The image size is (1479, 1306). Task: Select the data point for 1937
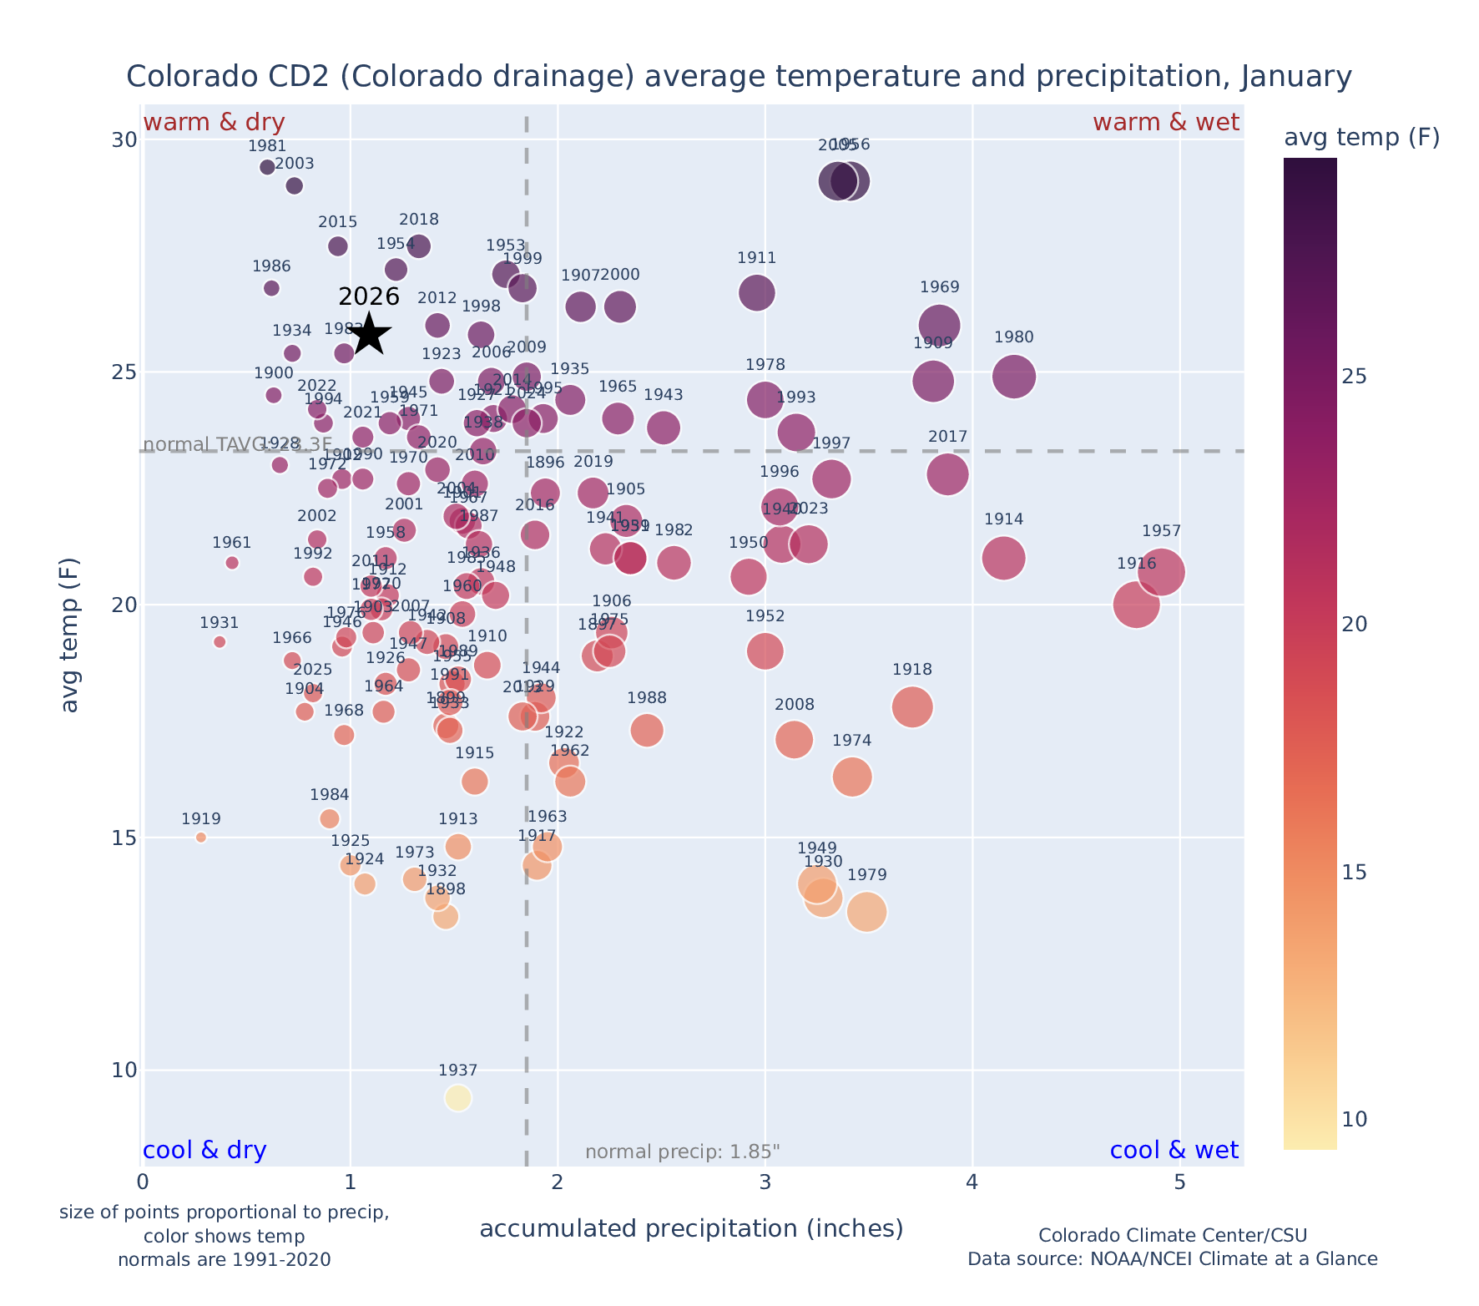(x=457, y=1097)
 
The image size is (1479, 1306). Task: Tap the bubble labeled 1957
(x=1160, y=572)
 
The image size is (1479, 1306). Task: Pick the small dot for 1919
(x=201, y=838)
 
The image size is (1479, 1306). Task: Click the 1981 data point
(x=267, y=167)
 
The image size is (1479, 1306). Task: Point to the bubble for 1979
(x=866, y=912)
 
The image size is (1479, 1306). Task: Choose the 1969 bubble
(x=939, y=325)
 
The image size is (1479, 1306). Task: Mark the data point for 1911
(x=756, y=292)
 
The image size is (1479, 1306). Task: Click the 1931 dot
(x=220, y=642)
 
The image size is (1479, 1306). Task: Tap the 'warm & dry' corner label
(x=215, y=123)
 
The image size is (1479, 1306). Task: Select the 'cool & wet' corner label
(x=1174, y=1151)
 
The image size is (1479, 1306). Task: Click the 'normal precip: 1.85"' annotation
(x=682, y=1152)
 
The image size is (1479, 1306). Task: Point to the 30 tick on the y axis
(x=124, y=139)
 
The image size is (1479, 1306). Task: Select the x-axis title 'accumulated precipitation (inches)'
(x=691, y=1229)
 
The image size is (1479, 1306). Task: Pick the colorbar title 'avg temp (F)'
(x=1361, y=138)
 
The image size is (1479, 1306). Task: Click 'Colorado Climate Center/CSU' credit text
(x=1173, y=1236)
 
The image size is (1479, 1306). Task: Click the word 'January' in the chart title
(x=1295, y=77)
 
